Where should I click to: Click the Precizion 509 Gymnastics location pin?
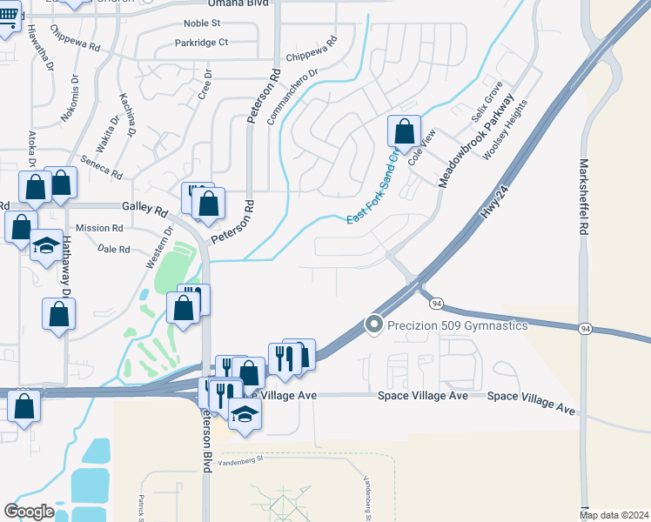pos(374,325)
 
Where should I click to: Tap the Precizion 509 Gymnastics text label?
pos(458,325)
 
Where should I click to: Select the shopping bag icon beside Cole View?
pos(404,133)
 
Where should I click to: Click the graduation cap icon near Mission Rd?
pos(46,245)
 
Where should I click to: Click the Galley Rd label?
pos(144,210)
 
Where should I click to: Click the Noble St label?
pos(203,23)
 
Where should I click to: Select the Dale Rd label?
pos(114,249)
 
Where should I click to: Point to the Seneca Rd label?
pos(102,168)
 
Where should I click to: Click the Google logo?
pos(30,511)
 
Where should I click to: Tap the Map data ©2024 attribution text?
pos(614,515)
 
